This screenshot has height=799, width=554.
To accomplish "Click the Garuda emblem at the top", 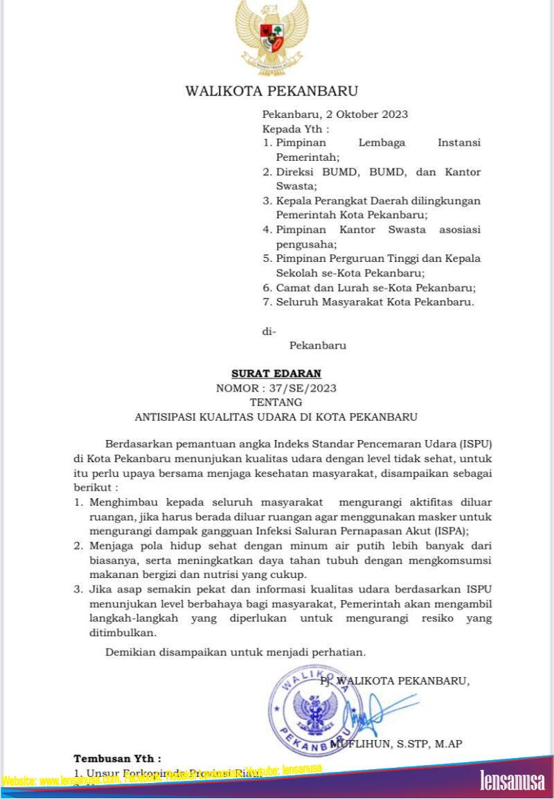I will click(x=271, y=31).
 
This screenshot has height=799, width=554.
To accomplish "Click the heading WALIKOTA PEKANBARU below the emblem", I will click(x=271, y=91).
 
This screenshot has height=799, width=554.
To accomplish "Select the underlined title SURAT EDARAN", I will click(x=276, y=374).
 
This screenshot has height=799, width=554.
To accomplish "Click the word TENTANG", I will click(x=276, y=402).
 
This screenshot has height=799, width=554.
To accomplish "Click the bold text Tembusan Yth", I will click(x=117, y=759).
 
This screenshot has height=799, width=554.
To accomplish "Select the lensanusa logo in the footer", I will click(x=512, y=780).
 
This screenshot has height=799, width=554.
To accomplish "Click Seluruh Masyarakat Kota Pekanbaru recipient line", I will click(x=375, y=302).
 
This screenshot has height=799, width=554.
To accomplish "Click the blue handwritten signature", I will click(x=374, y=710).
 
